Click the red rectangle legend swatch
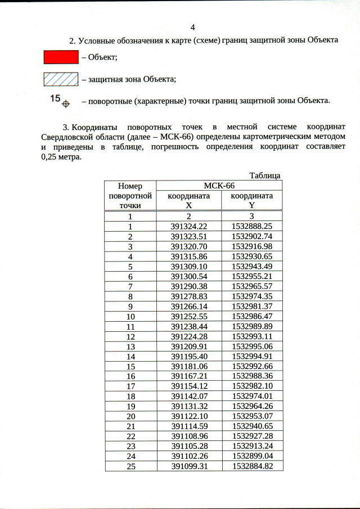61,57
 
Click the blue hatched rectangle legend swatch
61,79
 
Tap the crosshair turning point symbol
65,104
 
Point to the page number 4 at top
193,28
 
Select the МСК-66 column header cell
219,186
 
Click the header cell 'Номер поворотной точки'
130,196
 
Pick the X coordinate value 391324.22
189,226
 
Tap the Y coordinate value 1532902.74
252,236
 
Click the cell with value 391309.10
189,266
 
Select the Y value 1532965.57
252,286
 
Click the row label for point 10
130,316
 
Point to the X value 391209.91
189,346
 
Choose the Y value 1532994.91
252,356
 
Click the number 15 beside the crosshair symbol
55,98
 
